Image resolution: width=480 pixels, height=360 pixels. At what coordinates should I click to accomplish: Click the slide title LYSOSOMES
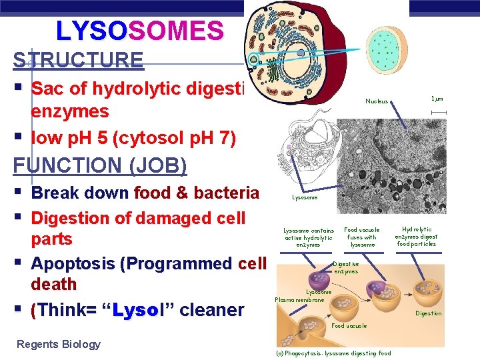139,30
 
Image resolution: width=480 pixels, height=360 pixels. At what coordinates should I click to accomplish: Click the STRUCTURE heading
78,60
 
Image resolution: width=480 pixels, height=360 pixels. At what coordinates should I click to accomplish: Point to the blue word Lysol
137,310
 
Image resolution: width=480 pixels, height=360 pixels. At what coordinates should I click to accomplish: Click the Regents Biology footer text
59,344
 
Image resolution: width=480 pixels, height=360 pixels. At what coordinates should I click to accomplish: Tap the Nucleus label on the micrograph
377,101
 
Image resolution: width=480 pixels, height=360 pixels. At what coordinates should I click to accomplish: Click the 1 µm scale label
437,99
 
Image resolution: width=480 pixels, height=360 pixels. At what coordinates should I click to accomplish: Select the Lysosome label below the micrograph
305,197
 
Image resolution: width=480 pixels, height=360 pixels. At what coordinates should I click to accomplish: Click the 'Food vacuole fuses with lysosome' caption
362,237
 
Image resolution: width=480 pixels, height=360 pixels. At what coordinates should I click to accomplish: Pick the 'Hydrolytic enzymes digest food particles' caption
416,237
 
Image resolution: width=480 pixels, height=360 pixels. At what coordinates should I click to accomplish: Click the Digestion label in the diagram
428,313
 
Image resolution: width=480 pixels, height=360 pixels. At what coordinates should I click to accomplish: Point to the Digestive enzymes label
345,267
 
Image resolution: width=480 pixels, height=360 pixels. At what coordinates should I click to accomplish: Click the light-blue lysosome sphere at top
383,43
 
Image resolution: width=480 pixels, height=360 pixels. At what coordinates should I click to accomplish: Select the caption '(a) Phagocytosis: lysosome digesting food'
333,353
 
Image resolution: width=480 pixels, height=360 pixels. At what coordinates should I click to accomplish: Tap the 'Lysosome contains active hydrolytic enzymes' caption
308,237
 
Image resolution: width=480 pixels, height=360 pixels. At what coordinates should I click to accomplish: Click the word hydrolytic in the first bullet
124,89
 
